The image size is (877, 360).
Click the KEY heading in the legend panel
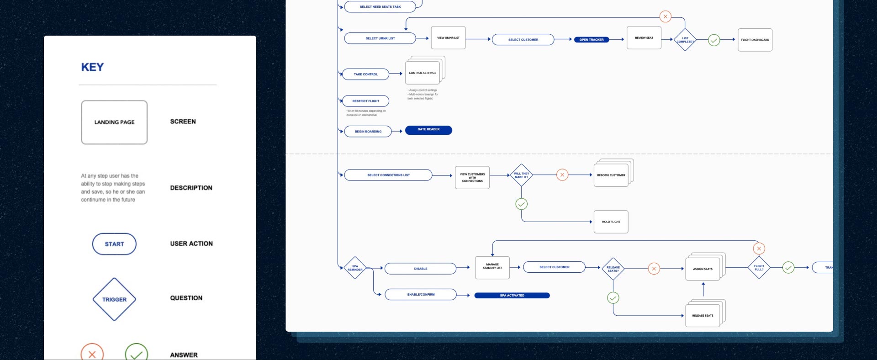coord(92,67)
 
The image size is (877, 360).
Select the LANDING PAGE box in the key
coord(114,122)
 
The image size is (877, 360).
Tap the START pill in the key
coord(114,244)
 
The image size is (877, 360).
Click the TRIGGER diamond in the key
coord(114,299)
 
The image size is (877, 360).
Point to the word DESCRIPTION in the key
coord(191,188)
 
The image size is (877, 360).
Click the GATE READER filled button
coord(428,130)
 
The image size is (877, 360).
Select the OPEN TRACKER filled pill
coord(592,40)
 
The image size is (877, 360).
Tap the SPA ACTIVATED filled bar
coord(512,296)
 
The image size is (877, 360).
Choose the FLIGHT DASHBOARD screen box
coord(755,40)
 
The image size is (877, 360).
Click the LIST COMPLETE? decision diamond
coord(685,40)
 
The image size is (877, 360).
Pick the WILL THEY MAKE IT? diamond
coord(521,175)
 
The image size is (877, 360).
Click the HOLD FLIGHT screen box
coord(611,222)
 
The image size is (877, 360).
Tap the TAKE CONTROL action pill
coord(366,74)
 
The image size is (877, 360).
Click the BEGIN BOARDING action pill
coord(368,132)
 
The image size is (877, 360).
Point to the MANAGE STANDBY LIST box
coord(492,267)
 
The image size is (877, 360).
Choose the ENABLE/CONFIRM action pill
coord(421,295)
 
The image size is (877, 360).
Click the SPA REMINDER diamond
coord(355,268)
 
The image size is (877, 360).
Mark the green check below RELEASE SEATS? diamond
coord(613,298)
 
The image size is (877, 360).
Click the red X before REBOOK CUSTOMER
coord(562,175)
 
